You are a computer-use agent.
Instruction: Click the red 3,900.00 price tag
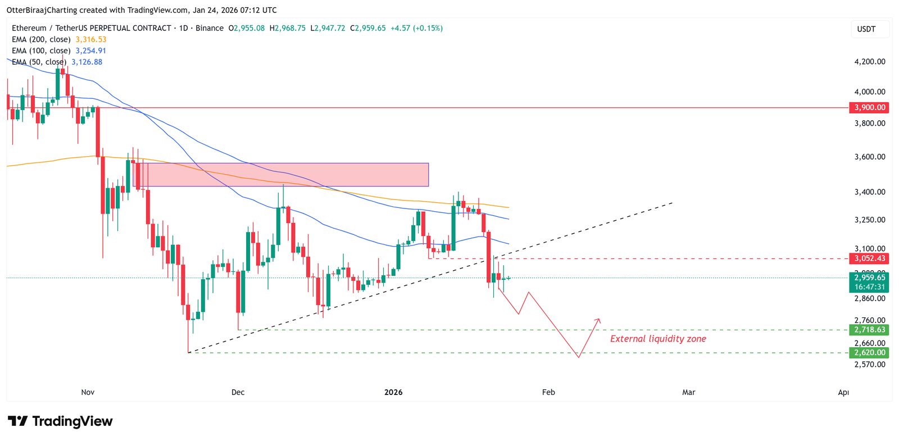pos(869,107)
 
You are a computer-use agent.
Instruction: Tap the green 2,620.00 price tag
pos(869,353)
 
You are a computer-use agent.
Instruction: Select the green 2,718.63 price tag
pos(869,330)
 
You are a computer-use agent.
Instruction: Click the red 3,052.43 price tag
pos(869,258)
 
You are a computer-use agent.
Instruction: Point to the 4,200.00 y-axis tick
pos(869,62)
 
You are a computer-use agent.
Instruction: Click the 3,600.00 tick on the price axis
pos(869,157)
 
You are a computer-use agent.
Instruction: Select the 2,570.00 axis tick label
pos(869,364)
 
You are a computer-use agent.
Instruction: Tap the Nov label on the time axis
pos(88,392)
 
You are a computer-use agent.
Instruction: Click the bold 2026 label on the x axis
pos(393,392)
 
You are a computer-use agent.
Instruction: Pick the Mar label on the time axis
pos(688,392)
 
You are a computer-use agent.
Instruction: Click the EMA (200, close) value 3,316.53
pos(91,39)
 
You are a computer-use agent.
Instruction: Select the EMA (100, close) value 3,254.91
pos(91,51)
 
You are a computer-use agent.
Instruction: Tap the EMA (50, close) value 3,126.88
pos(87,62)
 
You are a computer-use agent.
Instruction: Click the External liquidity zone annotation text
pos(658,339)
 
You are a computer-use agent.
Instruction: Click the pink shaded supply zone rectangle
pos(287,175)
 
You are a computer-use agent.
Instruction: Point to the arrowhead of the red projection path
pos(598,320)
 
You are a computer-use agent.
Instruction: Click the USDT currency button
pos(866,29)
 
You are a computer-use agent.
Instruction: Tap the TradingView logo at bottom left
pos(60,421)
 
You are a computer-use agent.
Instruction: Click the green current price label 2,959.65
pos(869,278)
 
